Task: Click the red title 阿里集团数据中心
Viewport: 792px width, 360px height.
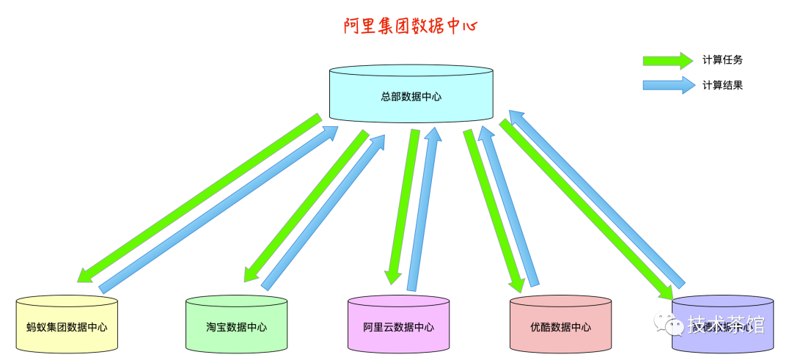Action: point(411,27)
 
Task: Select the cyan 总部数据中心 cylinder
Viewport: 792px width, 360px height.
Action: point(411,95)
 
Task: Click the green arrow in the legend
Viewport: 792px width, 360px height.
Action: point(667,60)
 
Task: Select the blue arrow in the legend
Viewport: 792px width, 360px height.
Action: point(667,85)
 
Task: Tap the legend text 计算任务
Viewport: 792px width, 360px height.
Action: point(722,60)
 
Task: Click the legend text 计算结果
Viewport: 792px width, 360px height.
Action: point(722,85)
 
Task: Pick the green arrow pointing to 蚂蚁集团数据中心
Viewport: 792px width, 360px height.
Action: point(198,198)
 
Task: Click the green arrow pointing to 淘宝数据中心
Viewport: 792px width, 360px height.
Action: point(306,205)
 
